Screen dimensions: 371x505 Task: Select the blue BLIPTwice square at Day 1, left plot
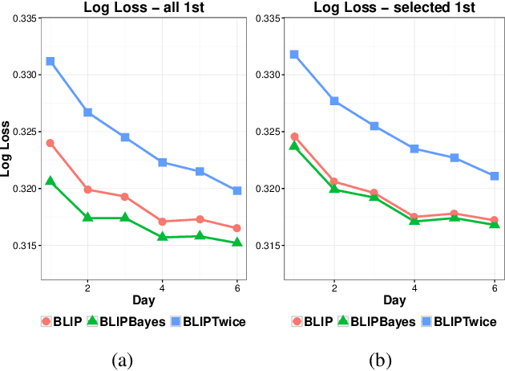coord(50,61)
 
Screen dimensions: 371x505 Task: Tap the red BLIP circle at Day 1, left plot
coord(50,143)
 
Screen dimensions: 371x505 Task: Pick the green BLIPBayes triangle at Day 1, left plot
coord(50,181)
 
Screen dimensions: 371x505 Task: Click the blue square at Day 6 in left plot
coord(236,190)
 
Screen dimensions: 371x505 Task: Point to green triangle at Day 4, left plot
coord(162,236)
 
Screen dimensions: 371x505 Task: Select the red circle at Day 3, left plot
coord(125,196)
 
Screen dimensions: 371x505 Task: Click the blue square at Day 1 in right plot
coord(294,54)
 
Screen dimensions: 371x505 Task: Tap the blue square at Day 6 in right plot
coord(495,176)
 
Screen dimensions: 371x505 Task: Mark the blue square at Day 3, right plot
coord(374,126)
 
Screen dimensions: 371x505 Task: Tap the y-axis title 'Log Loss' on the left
coord(6,149)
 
